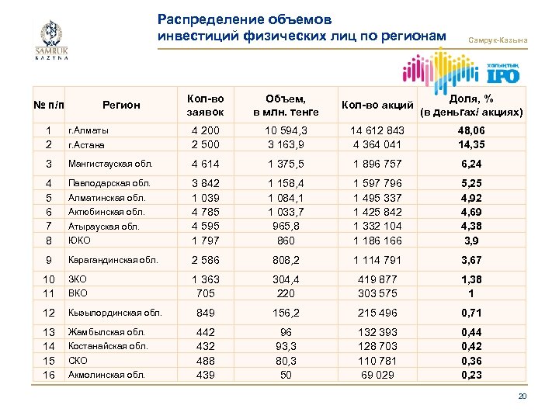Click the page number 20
click(x=523, y=397)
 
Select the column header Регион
click(x=120, y=105)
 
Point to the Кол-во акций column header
click(x=377, y=105)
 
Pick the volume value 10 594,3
click(x=285, y=130)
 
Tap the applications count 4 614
click(x=206, y=164)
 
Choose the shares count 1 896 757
click(x=378, y=164)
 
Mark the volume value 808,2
click(x=285, y=260)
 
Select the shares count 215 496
click(x=378, y=313)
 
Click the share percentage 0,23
click(x=471, y=375)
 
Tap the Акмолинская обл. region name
click(x=106, y=375)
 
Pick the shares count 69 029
click(x=378, y=375)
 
